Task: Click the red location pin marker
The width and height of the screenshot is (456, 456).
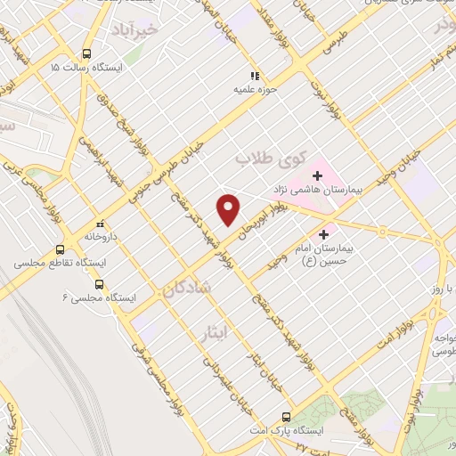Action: pyautogui.click(x=229, y=209)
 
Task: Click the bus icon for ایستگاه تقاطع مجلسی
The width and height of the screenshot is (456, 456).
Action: pyautogui.click(x=61, y=250)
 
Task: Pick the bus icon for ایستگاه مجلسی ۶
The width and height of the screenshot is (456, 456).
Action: pyautogui.click(x=98, y=286)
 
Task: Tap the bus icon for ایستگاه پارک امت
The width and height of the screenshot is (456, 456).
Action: pyautogui.click(x=286, y=416)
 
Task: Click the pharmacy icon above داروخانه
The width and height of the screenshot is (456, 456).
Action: pyautogui.click(x=101, y=224)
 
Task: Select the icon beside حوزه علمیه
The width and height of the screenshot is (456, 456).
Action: pyautogui.click(x=254, y=77)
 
